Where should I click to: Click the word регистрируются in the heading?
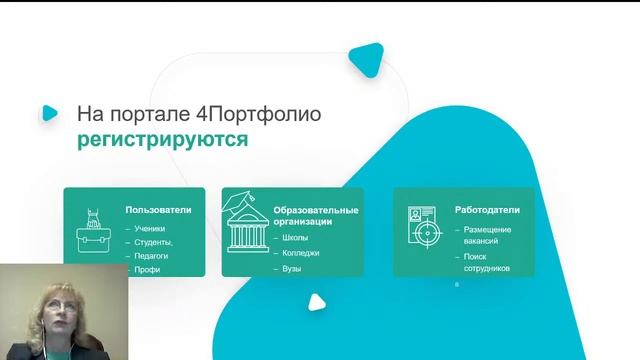point(162,139)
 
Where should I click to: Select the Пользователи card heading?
point(158,210)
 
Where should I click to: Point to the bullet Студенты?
point(153,242)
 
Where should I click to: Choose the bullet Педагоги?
point(151,256)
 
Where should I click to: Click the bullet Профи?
point(147,269)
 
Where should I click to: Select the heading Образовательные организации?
point(315,216)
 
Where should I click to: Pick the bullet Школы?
point(296,238)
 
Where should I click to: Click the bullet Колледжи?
point(301,253)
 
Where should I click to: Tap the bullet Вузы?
point(292,269)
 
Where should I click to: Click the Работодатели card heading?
point(486,210)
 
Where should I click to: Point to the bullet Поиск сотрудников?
point(487,263)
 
